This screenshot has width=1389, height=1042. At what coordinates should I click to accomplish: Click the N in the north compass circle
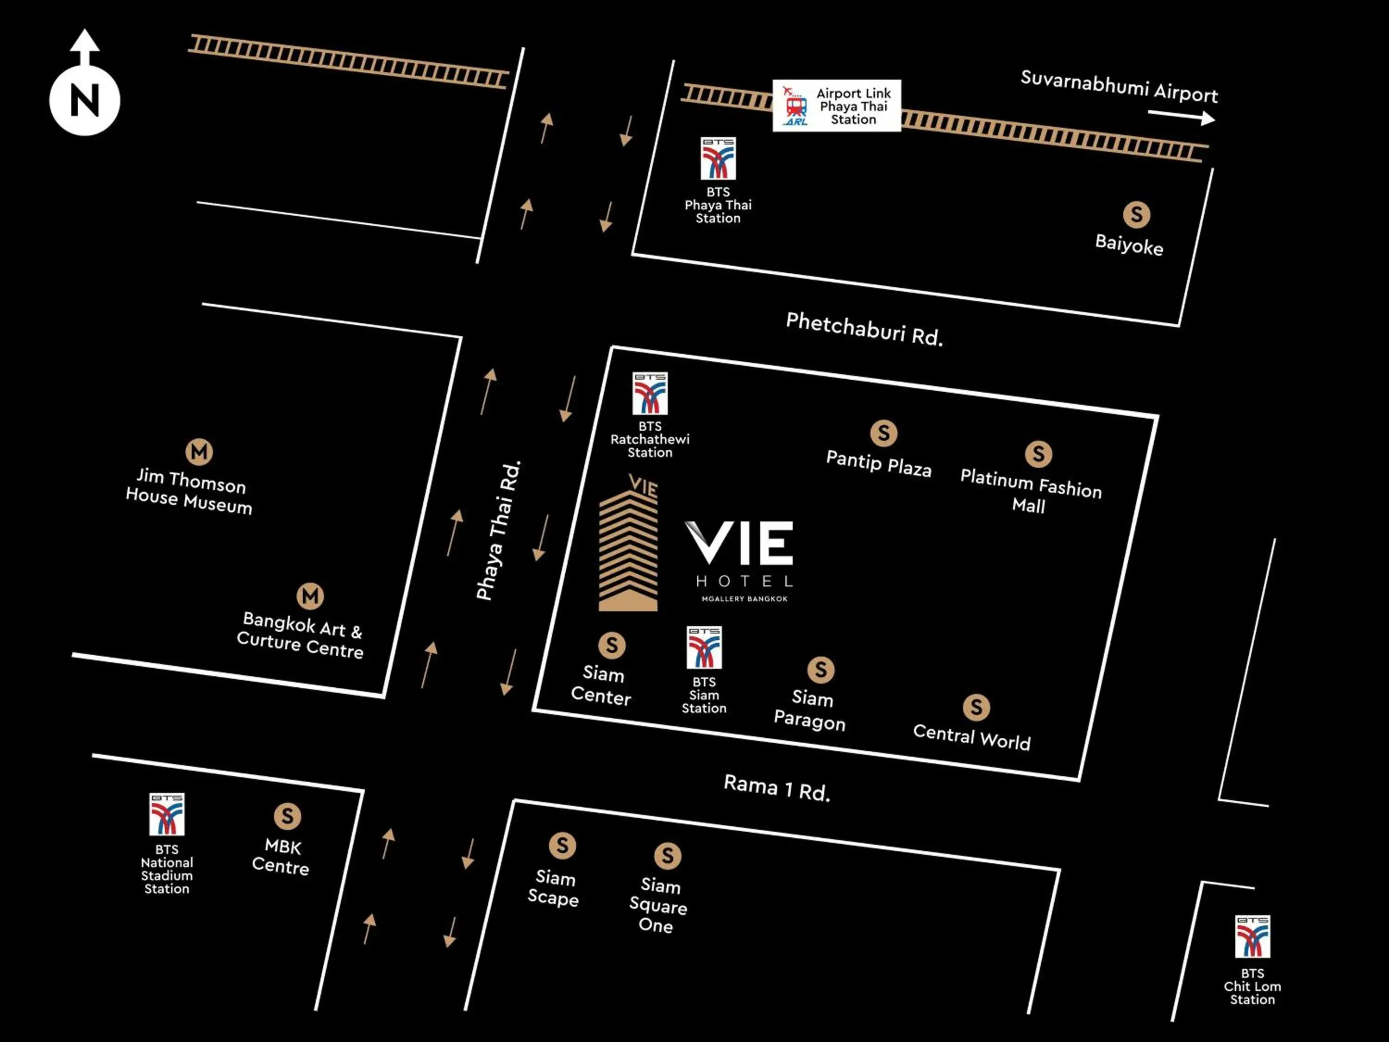(85, 100)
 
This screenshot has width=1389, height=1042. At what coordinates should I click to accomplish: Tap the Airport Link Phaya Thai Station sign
(837, 106)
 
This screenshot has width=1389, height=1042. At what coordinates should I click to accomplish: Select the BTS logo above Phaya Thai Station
(718, 158)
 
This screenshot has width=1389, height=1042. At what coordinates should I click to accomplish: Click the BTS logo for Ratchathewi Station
(650, 394)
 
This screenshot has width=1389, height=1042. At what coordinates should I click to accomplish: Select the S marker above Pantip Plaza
(883, 433)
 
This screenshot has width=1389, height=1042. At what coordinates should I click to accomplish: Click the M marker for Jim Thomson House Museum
(199, 452)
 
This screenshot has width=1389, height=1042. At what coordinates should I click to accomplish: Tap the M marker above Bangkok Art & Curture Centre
(310, 596)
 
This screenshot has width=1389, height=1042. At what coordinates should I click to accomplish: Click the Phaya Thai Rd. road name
(499, 531)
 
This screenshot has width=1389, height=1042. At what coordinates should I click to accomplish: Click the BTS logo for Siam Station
(704, 647)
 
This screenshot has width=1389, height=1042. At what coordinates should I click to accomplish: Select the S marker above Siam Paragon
(821, 670)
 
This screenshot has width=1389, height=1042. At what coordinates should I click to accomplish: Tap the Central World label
(971, 737)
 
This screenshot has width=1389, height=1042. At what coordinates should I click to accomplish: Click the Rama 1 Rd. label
(777, 788)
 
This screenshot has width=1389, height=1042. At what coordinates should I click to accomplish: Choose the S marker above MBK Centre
(287, 816)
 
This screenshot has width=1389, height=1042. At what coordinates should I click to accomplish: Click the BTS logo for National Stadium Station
(166, 815)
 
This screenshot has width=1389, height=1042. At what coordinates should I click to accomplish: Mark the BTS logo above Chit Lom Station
(1252, 936)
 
